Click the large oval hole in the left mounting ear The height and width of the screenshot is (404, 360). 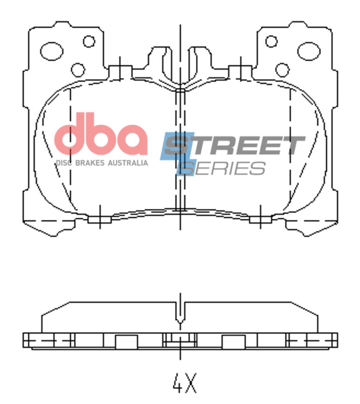(52, 50)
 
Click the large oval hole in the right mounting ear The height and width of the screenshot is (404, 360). (308, 50)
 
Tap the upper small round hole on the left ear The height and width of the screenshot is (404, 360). (89, 41)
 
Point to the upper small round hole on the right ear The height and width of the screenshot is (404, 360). (272, 41)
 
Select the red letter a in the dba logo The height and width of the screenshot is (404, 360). (132, 140)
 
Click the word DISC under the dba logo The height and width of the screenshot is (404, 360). (63, 163)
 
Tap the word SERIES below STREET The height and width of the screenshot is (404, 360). (225, 168)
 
